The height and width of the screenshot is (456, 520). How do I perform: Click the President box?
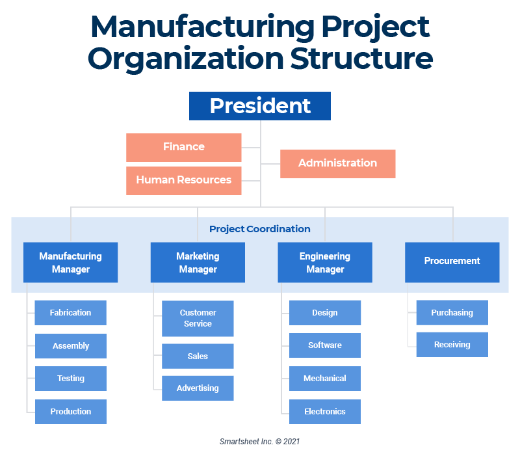point(260,106)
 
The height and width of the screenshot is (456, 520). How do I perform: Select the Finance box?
point(184,147)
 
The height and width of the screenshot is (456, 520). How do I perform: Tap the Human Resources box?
point(184,180)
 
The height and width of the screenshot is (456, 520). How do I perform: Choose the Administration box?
point(337,163)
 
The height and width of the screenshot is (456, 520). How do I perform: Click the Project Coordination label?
point(259,229)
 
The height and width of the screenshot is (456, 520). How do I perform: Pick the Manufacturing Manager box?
point(70,262)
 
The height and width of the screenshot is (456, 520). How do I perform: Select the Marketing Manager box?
point(198,262)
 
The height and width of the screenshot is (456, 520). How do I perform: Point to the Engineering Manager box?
point(325,262)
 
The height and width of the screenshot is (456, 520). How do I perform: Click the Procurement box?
point(452,262)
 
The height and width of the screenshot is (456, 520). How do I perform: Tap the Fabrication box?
point(70,312)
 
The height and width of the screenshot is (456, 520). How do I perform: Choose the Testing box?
point(70,379)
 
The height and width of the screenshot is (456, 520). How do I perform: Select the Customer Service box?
point(198,318)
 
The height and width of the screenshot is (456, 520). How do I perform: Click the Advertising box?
point(198,388)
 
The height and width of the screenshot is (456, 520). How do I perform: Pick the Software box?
point(325,345)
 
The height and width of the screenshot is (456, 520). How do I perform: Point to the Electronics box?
point(325,412)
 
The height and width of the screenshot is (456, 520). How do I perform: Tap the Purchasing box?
point(452,312)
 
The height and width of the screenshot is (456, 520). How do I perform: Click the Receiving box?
point(452,345)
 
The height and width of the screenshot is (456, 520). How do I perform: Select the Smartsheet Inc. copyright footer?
point(259,441)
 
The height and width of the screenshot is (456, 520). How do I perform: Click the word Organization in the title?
point(185,59)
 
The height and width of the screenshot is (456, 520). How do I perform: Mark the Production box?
point(70,412)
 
